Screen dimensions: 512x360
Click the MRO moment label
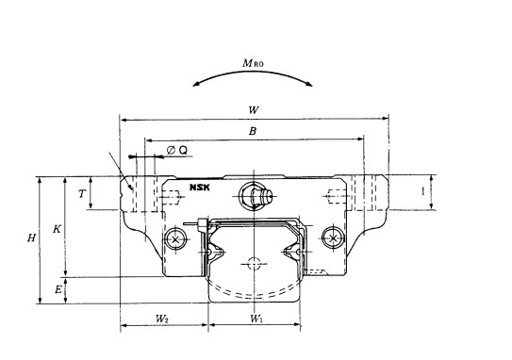tap(253, 63)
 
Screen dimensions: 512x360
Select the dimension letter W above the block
tap(254, 110)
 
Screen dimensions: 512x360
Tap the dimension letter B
tap(253, 131)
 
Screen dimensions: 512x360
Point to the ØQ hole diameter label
tap(177, 150)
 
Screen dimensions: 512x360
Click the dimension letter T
tap(82, 194)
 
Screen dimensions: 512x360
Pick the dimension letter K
tap(57, 229)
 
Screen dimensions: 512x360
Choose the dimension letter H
tap(31, 237)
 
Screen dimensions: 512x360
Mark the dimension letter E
tap(58, 289)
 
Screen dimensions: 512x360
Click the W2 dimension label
tap(161, 319)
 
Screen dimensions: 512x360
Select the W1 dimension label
tap(256, 319)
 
